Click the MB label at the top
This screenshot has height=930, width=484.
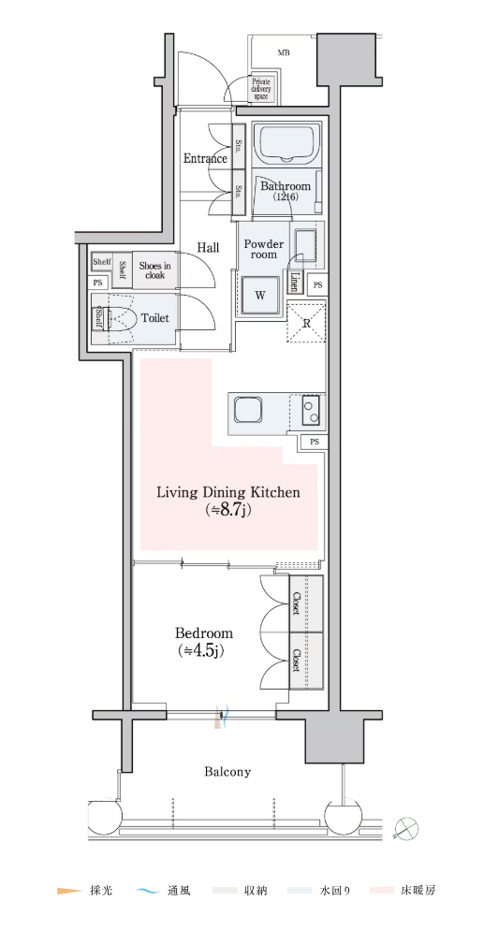[284, 52]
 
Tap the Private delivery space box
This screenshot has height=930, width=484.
[261, 89]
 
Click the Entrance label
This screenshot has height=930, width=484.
[205, 158]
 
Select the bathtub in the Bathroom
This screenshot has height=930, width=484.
[287, 143]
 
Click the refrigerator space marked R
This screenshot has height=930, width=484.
[306, 322]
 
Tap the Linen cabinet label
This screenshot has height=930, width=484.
[294, 282]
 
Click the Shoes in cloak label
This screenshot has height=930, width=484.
[154, 270]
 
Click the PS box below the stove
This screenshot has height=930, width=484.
[315, 442]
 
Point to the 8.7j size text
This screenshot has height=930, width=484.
[228, 510]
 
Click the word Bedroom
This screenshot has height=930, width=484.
[203, 632]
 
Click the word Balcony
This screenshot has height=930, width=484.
[227, 772]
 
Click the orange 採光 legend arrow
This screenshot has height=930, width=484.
[68, 891]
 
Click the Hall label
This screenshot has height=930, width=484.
[208, 247]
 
